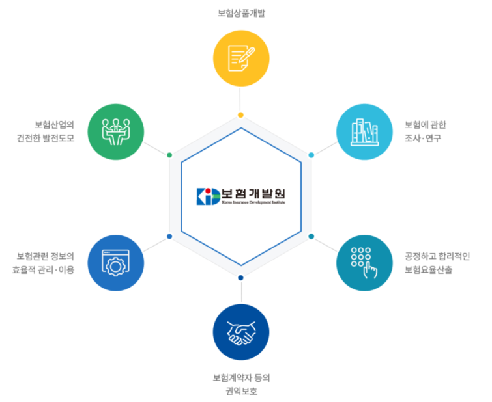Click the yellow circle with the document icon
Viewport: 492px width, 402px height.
(241, 59)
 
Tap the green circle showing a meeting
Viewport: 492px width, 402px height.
(116, 132)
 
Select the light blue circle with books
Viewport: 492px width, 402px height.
(364, 132)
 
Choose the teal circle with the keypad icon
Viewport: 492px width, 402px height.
(364, 263)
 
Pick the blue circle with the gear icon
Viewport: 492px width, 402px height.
(116, 263)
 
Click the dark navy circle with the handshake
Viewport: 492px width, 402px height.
(241, 332)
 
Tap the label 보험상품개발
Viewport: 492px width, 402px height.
(241, 13)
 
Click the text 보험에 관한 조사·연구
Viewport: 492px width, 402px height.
(425, 131)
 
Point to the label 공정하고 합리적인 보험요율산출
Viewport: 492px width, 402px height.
(437, 263)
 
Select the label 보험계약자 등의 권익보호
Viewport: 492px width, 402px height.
(241, 384)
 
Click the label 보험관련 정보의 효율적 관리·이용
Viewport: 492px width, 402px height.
(43, 263)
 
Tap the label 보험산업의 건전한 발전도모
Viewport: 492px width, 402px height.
(46, 131)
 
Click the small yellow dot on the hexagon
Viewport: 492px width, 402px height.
(240, 115)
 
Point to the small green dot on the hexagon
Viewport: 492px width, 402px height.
(169, 155)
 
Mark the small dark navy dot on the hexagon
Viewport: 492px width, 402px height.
(240, 278)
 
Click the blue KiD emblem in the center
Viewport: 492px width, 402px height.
(209, 196)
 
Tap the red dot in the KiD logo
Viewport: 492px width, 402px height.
(208, 191)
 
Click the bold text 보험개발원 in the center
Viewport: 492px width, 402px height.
(253, 194)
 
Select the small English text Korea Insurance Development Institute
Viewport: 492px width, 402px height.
(253, 202)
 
